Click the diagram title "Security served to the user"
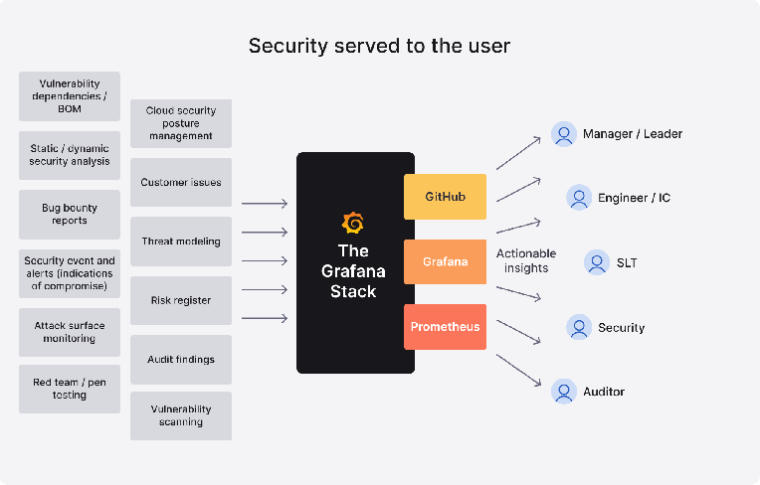point(379,46)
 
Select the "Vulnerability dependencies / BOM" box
point(70,96)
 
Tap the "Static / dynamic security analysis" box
point(70,155)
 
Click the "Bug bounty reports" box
point(70,215)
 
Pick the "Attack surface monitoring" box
point(70,332)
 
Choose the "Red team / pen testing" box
point(70,389)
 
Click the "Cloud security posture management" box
point(181,123)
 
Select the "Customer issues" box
point(181,183)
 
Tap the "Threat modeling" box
point(181,242)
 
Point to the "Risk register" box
point(181,300)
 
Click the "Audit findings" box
point(181,360)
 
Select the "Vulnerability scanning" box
point(181,415)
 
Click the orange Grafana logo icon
point(353,223)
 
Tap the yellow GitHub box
point(445,197)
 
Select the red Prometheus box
point(445,327)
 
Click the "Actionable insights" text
point(526,261)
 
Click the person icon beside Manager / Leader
point(564,134)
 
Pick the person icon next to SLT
point(597,263)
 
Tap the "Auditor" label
point(604,392)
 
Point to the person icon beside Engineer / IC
point(579,198)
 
